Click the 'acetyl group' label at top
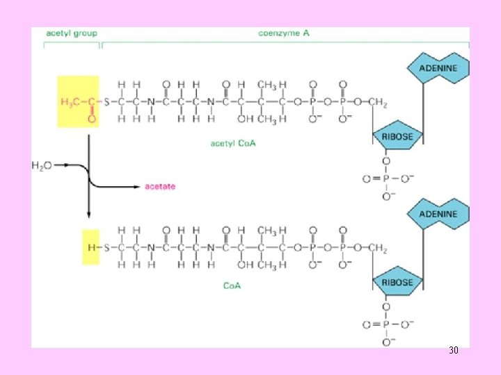(x=72, y=33)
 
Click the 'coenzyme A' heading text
(x=284, y=33)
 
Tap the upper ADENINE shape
(x=438, y=68)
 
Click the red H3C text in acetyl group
(x=70, y=103)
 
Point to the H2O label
(x=42, y=165)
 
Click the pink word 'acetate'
(x=160, y=186)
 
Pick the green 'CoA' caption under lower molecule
(x=231, y=285)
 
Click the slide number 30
(x=453, y=351)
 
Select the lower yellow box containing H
(x=90, y=247)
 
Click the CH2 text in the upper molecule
(x=377, y=103)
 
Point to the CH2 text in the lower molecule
(x=377, y=247)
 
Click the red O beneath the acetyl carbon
(x=90, y=119)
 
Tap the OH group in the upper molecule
(x=243, y=119)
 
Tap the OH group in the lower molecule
(x=243, y=264)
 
